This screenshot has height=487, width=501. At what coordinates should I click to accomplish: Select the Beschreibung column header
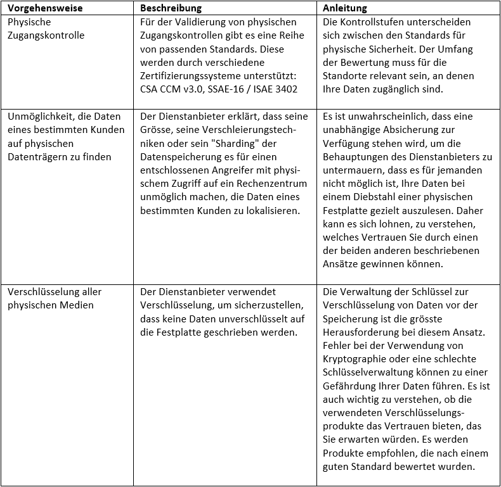click(171, 9)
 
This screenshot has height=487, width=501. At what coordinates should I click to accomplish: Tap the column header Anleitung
click(345, 9)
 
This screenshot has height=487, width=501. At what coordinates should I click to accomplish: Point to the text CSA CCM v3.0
click(171, 89)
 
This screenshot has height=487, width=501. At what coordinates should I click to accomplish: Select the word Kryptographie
click(356, 359)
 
